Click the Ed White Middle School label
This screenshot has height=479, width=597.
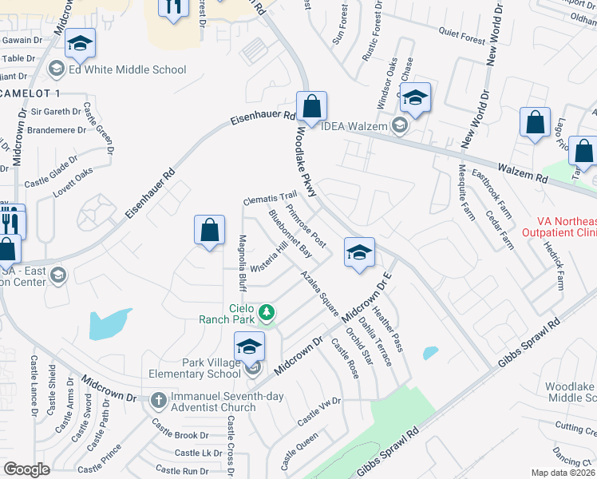point(127,69)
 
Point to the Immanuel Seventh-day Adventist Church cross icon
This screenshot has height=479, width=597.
point(158,398)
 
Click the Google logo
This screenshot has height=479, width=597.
point(26,469)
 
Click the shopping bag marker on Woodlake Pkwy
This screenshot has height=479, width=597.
point(311,107)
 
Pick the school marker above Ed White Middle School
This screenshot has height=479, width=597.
point(80,43)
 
